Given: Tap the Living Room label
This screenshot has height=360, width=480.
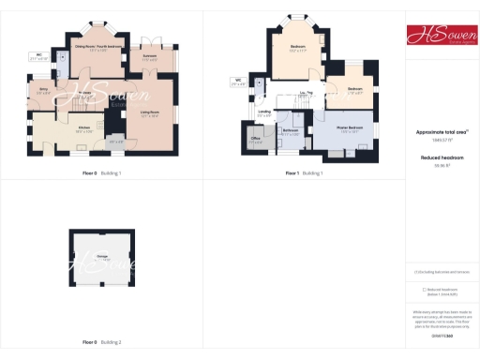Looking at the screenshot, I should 149,113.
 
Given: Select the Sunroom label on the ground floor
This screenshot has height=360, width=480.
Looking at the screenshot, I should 149,58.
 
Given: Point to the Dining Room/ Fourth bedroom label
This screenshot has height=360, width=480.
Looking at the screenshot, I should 97,46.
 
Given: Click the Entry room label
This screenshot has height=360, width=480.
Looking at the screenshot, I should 43,92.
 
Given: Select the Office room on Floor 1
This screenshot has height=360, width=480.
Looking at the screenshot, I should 255,138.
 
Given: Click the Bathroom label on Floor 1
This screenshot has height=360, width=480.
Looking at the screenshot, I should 291,132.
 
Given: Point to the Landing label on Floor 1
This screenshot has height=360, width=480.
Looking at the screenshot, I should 264,113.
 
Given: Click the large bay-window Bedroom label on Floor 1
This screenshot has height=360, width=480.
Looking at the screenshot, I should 298,47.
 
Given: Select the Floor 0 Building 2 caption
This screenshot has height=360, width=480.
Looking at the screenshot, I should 101,343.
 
